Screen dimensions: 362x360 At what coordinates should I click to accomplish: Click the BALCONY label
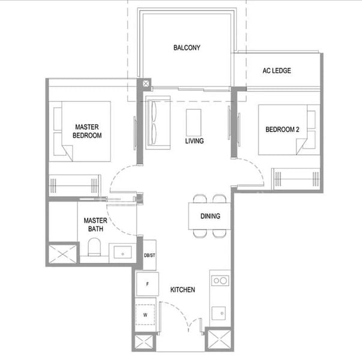point(187,47)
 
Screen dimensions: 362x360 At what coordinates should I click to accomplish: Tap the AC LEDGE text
point(277,71)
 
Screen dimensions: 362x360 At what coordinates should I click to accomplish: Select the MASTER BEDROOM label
point(87,131)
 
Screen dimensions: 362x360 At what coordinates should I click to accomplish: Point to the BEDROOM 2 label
point(282,130)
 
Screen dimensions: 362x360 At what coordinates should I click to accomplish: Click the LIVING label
point(195,141)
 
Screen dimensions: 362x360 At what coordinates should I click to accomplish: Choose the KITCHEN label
point(183,290)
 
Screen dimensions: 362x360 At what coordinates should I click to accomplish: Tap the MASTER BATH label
point(95,224)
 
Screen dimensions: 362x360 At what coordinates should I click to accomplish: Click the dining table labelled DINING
point(210,216)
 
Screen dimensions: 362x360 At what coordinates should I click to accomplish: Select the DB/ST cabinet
point(149,255)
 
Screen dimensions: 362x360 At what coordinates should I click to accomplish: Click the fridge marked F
point(148,284)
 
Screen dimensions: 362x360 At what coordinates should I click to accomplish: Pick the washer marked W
point(145,315)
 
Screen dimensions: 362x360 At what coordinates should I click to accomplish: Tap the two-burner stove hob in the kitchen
point(220,281)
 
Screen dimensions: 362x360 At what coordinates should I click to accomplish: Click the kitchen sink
point(219,313)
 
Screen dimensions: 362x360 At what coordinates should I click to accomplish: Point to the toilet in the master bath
point(94,247)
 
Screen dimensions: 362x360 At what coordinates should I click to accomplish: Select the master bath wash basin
point(122,252)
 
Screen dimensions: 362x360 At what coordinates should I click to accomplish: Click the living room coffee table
point(193,122)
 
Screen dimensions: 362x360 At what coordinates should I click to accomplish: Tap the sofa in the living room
point(158,122)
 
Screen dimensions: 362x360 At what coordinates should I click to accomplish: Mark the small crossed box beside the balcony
point(146,83)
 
